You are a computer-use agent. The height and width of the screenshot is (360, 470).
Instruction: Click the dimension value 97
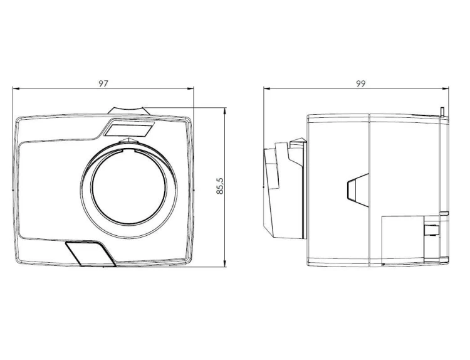(x=103, y=83)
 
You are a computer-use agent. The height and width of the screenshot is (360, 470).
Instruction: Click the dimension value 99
(x=361, y=83)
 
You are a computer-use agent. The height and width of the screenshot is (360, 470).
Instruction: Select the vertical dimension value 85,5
(x=220, y=186)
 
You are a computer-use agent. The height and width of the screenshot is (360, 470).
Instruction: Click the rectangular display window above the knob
(x=129, y=128)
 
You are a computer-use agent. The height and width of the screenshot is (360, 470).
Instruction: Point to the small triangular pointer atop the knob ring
(x=128, y=140)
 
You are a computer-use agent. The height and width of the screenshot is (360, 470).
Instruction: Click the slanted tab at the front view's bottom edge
(x=90, y=253)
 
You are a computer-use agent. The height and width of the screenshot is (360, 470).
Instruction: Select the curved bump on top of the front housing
(x=128, y=110)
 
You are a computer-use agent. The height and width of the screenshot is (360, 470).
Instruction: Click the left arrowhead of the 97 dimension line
(x=16, y=88)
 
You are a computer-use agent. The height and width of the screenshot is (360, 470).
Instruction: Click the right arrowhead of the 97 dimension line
(x=191, y=88)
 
